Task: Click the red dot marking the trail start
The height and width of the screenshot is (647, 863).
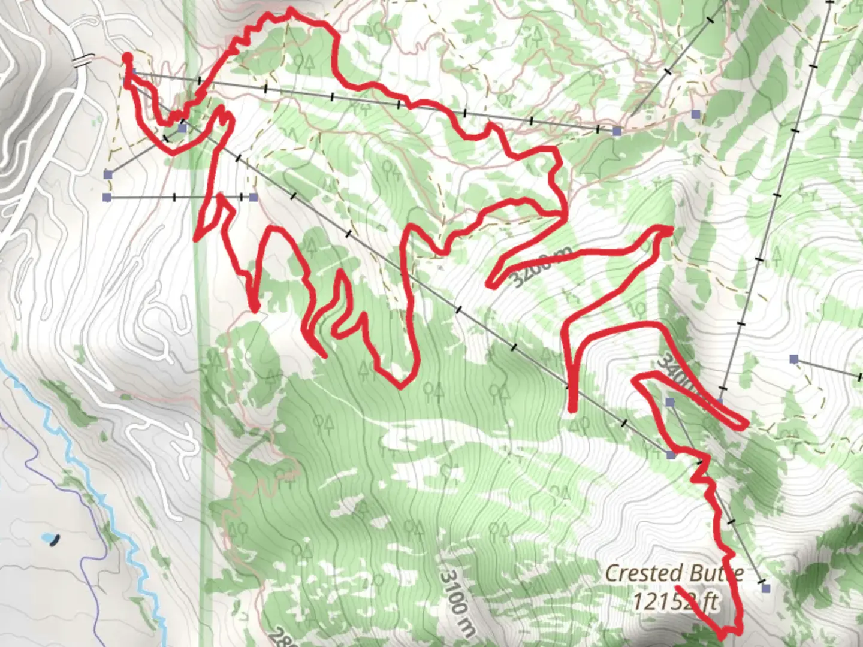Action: coord(127,58)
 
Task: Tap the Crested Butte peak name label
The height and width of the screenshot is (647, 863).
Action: coord(674,573)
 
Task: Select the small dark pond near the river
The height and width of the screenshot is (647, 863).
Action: coord(55,540)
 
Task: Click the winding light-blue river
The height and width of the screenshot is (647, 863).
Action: coord(90,479)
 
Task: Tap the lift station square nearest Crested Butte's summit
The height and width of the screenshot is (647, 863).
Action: coord(765,588)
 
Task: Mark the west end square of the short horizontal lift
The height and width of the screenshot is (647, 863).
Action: coord(107,197)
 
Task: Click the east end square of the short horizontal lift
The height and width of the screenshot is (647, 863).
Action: coord(254,197)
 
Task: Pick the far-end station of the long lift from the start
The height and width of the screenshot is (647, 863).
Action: coord(617,131)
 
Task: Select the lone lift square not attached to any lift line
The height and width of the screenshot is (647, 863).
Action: coord(696,114)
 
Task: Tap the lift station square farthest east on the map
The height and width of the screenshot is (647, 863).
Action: coord(794,359)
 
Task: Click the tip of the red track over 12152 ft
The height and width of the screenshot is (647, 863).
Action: coord(677,586)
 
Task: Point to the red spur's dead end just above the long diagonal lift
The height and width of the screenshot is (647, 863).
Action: coord(572,410)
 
